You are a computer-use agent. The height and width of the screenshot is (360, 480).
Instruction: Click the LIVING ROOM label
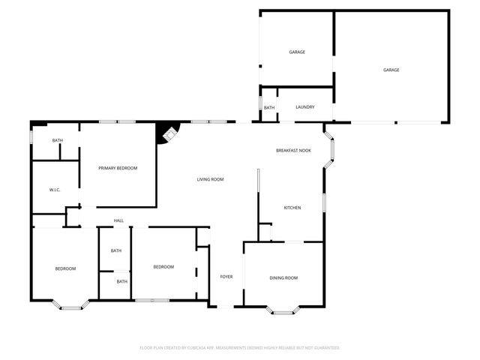pos(211,179)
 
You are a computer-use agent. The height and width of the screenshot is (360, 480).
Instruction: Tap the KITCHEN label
pos(292,208)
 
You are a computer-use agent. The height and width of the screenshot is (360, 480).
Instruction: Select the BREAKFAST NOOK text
pos(293,151)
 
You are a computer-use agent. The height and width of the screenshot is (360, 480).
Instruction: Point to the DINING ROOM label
pos(283,278)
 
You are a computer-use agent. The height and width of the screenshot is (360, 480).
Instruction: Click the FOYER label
pos(226,277)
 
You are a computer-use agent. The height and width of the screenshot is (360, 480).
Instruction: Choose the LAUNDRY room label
pos(304,107)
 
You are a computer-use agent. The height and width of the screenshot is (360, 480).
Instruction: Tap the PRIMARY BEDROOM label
pos(118,168)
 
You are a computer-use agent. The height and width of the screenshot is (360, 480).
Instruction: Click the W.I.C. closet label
pos(55,190)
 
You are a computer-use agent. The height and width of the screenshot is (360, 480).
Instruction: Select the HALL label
pos(118,220)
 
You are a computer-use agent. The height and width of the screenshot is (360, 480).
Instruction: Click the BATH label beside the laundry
pos(268,108)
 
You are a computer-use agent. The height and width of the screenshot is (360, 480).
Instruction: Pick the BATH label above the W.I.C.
pos(57,140)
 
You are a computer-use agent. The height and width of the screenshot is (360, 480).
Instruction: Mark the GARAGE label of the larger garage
pos(391,70)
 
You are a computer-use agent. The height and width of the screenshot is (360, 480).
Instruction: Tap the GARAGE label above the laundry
pos(297,52)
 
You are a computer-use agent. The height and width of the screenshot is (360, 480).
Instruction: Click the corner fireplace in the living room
pos(167,134)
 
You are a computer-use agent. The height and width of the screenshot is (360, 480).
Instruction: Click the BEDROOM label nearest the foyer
pos(163,267)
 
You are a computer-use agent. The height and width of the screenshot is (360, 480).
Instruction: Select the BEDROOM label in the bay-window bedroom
pos(65,268)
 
